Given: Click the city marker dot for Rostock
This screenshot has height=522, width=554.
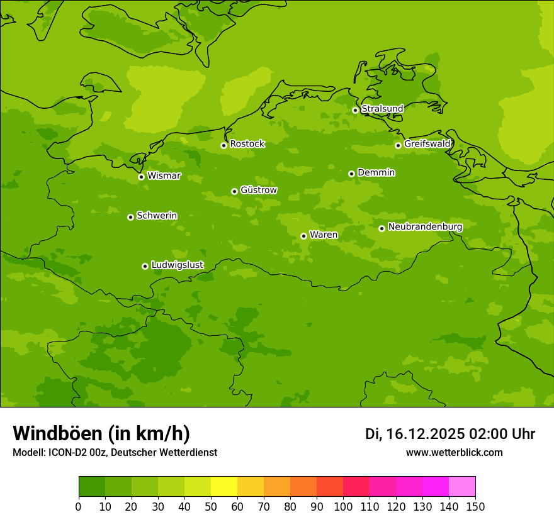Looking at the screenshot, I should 223,145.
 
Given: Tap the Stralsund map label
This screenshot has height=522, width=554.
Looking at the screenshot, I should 382,109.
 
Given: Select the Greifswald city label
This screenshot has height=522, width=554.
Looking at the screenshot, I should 427,144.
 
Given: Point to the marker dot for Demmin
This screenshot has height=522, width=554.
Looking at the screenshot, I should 351,174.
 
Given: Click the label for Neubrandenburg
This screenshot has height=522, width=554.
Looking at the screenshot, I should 425,227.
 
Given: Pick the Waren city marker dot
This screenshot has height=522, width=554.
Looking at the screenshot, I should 303,236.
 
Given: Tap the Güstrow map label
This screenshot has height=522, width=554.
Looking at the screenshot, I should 259,190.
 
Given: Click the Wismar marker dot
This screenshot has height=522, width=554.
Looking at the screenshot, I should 141,177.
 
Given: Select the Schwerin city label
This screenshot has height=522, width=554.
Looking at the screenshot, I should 157,216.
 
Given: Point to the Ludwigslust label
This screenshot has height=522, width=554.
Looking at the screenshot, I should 177,265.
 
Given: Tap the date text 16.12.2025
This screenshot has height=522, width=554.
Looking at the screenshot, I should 425,434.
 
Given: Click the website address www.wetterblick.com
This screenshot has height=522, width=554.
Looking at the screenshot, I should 454,453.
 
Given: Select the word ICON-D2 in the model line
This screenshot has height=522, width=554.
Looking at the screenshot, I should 68,453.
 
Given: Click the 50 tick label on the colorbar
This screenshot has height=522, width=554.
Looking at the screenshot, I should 211,506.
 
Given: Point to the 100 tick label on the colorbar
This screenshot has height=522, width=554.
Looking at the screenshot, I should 343,506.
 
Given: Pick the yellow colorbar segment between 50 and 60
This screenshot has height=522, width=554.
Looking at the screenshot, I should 224,486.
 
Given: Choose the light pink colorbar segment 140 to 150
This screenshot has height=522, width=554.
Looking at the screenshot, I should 462,486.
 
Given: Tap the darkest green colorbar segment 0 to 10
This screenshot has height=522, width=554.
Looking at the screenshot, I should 92,486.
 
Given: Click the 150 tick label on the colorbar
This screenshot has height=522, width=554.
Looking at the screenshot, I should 475,506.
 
